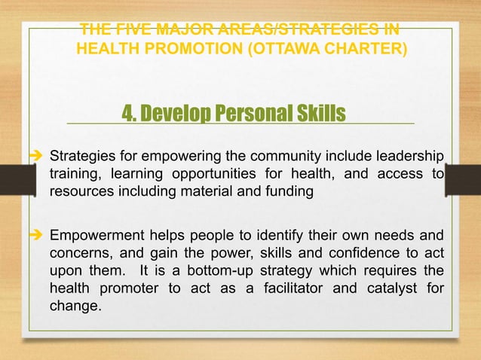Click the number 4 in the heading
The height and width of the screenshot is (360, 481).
tap(127, 113)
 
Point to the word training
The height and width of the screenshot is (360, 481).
tap(72, 175)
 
